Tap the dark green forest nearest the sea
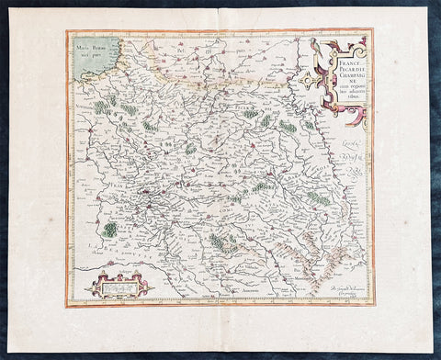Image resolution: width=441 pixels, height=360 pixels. point(100,107)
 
